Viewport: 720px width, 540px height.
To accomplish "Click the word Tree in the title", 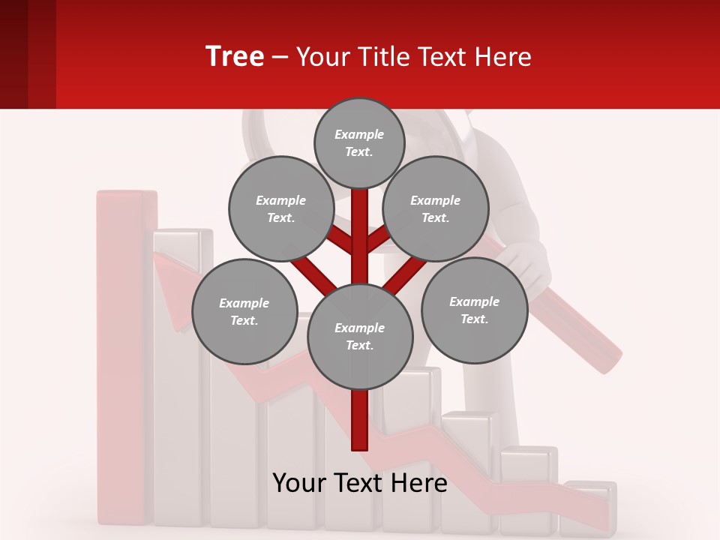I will click(235, 57).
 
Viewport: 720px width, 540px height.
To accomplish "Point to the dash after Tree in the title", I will click(280, 58).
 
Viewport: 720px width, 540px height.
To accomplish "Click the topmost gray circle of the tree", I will click(359, 142).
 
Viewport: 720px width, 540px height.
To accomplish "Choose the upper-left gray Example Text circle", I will click(280, 208).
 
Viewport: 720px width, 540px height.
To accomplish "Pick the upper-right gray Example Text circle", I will click(435, 208).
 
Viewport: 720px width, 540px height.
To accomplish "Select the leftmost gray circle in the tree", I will click(244, 311).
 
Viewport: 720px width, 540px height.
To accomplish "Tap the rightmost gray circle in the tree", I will click(474, 310).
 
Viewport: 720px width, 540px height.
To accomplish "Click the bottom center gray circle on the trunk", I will click(360, 336).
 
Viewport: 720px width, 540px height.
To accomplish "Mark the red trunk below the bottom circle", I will click(360, 420).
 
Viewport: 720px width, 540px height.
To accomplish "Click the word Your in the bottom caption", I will click(299, 483).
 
